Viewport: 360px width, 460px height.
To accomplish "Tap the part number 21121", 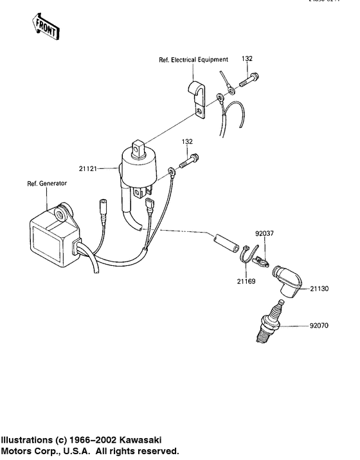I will tap(106, 169).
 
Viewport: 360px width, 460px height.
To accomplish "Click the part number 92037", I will tap(264, 234).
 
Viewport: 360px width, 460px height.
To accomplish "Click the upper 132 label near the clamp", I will tap(247, 58).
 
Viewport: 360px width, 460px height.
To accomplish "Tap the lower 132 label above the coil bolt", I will tap(187, 141).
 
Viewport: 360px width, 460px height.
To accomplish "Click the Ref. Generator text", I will tap(46, 183).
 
